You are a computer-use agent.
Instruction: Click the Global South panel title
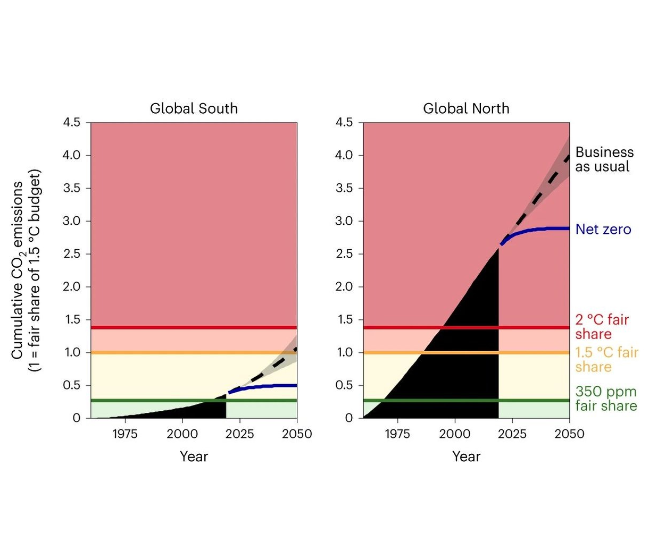point(194,108)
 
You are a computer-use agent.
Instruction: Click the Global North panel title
point(466,108)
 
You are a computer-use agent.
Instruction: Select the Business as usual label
point(604,159)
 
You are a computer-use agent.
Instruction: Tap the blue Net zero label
point(603,230)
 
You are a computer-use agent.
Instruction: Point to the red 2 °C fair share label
point(602,327)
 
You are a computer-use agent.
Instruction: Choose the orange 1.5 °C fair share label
point(606,360)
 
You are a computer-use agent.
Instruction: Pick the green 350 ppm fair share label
point(606,399)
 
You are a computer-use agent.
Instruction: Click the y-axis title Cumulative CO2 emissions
point(25,270)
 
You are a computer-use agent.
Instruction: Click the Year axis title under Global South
point(194,456)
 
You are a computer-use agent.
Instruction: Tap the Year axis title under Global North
point(466,456)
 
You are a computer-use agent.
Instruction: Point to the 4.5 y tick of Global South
point(71,123)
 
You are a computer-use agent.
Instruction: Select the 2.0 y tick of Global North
point(344,287)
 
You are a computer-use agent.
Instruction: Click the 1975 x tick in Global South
point(124,434)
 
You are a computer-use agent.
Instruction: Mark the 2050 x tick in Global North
point(569,434)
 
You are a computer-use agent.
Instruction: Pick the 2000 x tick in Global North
point(455,434)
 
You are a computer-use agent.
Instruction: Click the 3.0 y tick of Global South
point(71,221)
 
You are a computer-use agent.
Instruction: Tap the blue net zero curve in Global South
point(266,386)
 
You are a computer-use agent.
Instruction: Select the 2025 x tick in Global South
point(239,434)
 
